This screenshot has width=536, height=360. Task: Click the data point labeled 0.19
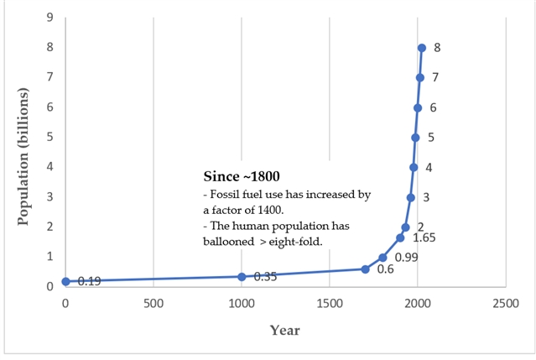coord(66,281)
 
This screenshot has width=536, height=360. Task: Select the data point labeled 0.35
coord(242,276)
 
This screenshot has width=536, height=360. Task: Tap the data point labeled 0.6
coord(365,269)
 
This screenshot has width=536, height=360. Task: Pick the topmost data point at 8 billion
coord(422,48)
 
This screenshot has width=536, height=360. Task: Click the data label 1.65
coord(424,238)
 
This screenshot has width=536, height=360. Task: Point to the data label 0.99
coord(407,257)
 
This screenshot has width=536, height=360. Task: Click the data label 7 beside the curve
coord(435,78)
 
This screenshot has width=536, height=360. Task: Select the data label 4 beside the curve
coord(429,168)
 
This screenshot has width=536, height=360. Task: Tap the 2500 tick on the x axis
coord(505,303)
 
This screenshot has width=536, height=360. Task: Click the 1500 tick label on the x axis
coord(329,303)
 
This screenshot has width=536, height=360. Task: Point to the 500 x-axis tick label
coord(154,303)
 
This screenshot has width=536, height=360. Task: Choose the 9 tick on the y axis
coord(50,18)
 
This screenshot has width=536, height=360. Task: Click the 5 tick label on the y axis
coord(50,137)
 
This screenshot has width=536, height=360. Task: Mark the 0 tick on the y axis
coord(50,286)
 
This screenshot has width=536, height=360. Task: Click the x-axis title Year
coord(284,330)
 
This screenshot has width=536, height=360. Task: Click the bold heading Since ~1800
coord(242,177)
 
